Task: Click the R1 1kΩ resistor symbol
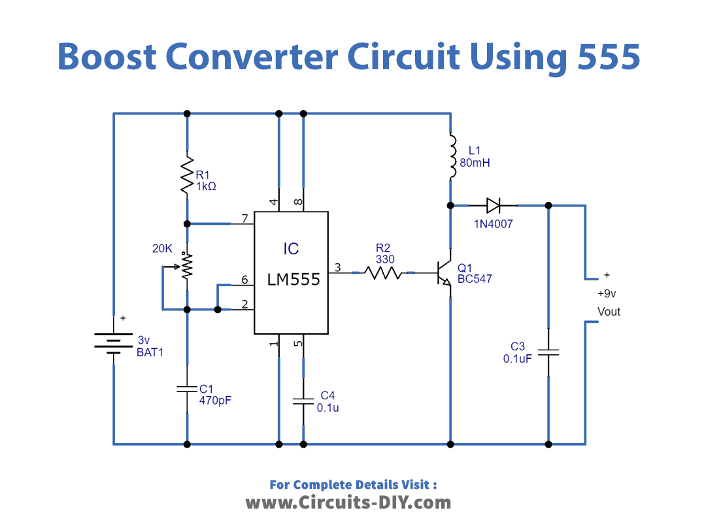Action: [x=188, y=174]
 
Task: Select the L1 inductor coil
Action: [x=450, y=157]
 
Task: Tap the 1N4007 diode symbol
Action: [x=493, y=206]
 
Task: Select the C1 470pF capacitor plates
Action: [x=188, y=389]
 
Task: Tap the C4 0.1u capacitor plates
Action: [x=303, y=400]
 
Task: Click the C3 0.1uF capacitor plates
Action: [x=548, y=352]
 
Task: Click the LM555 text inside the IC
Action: [x=293, y=280]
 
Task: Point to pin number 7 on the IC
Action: [x=244, y=218]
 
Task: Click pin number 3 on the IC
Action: [x=337, y=267]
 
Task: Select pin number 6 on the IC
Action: [x=244, y=280]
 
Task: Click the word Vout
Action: [x=609, y=312]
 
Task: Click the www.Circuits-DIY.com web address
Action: [x=348, y=503]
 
